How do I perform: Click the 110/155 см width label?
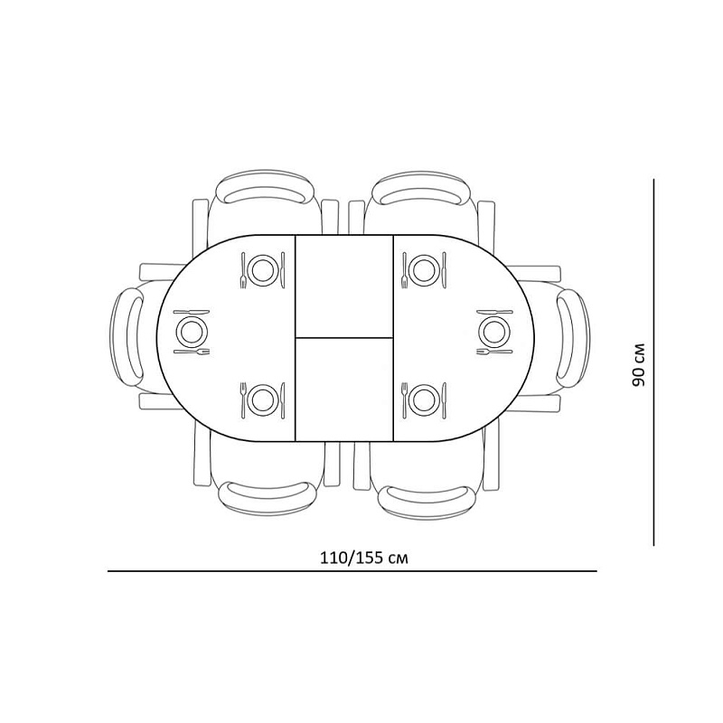click(x=364, y=558)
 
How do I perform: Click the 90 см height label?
click(x=639, y=365)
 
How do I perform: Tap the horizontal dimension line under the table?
click(x=352, y=571)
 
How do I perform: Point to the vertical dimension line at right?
click(x=653, y=362)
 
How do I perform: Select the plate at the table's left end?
click(x=192, y=332)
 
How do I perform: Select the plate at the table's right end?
click(x=494, y=332)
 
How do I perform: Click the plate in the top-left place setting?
click(x=263, y=270)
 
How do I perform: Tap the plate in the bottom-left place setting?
click(x=263, y=400)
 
